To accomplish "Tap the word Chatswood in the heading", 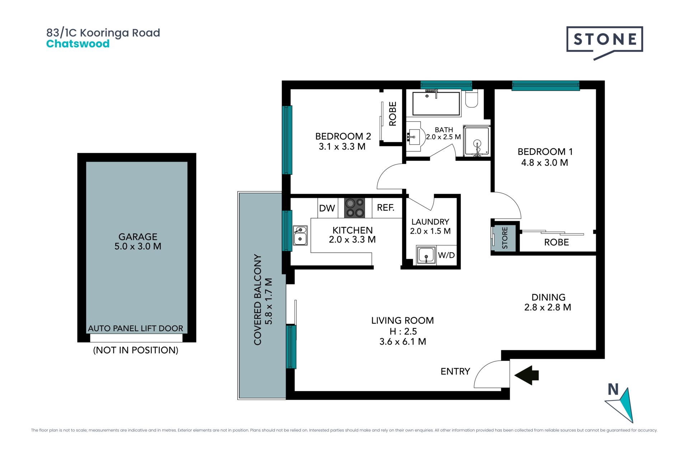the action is click(78, 44).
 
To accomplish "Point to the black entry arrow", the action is click(526, 375).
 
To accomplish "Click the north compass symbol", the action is click(619, 403).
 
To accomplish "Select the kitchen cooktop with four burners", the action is click(355, 208).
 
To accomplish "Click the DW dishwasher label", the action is click(327, 208).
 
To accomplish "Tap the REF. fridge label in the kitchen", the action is click(385, 208).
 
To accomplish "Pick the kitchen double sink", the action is click(300, 235).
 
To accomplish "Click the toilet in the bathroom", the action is click(472, 99).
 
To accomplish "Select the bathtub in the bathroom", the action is click(436, 104).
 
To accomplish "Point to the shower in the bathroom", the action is click(477, 141).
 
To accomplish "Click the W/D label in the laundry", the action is click(446, 255).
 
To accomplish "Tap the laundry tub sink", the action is click(426, 255).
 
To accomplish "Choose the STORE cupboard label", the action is click(505, 238).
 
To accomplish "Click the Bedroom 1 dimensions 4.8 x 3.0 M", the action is click(544, 163).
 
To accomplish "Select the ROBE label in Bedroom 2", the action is click(393, 114).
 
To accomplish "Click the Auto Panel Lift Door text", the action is click(136, 328).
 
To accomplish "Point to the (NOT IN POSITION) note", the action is click(136, 350).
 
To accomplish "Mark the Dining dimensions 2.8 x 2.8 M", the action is click(548, 307).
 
